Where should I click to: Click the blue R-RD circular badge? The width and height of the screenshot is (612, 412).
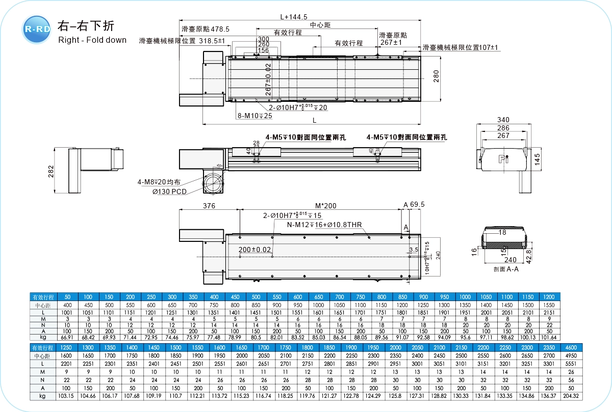click(x=37, y=29)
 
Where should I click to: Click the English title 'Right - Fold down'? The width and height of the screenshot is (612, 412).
click(x=92, y=40)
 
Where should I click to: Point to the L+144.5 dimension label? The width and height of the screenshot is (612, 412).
click(x=294, y=16)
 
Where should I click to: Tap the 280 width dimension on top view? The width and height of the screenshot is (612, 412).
click(x=436, y=77)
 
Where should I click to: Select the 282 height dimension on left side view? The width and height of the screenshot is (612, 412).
click(x=50, y=171)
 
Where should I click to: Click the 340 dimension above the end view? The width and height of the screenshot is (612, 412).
click(x=503, y=120)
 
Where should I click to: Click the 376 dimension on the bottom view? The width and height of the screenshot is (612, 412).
click(x=209, y=206)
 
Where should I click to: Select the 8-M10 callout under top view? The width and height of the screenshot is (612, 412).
click(x=254, y=116)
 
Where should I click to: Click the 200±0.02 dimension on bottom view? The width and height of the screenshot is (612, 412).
click(x=254, y=250)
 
